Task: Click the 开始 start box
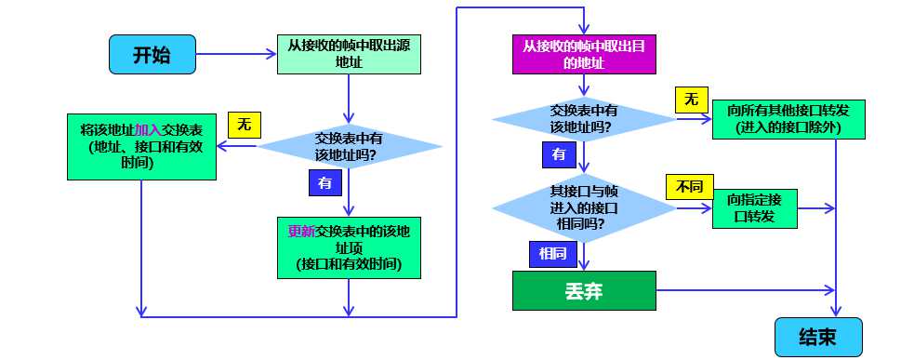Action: [x=152, y=55]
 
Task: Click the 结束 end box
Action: [x=818, y=336]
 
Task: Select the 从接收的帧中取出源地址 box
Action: [x=349, y=55]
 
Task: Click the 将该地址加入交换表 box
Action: [x=142, y=148]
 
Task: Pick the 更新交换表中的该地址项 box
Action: [x=350, y=247]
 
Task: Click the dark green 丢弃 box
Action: [x=585, y=290]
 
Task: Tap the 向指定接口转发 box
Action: [x=755, y=209]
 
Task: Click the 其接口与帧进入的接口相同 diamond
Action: [x=584, y=208]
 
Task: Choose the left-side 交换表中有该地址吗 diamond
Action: [x=349, y=147]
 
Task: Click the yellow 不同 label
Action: [x=687, y=186]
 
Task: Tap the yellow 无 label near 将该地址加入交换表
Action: [x=244, y=125]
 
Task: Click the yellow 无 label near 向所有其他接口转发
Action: [x=691, y=99]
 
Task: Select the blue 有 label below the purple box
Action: [x=558, y=153]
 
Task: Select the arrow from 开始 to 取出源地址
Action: [x=237, y=55]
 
